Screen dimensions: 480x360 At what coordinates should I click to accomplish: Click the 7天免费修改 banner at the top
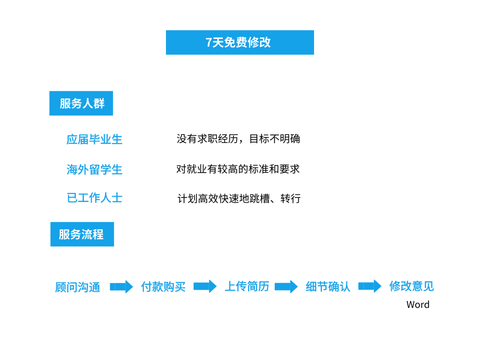pos(240,42)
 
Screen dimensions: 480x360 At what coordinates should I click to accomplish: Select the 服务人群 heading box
pos(81,103)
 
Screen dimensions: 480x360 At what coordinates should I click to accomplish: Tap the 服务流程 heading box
pos(82,234)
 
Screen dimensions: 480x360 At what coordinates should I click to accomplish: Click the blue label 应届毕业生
pos(94,139)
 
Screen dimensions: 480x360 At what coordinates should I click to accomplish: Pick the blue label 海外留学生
pos(94,169)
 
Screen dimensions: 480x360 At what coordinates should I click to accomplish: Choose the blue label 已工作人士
pos(94,198)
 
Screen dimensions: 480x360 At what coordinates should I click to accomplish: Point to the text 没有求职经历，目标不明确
pos(238,139)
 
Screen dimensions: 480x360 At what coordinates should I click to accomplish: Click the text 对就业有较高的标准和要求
pos(238,169)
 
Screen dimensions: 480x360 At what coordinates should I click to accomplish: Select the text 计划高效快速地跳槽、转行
pos(239,198)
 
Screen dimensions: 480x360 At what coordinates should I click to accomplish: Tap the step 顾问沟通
pos(77,287)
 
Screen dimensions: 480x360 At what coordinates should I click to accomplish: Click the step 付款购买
pos(163,287)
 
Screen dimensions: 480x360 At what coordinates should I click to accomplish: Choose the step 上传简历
pos(247,286)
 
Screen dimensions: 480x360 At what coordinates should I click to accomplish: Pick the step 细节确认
pos(328,286)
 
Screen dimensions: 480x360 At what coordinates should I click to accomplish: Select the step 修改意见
pos(412,286)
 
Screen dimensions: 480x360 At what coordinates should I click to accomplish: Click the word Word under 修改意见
pos(418,305)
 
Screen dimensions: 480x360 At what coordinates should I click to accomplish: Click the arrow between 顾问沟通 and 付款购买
pos(121,287)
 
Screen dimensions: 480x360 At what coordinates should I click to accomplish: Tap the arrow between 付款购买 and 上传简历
pos(205,286)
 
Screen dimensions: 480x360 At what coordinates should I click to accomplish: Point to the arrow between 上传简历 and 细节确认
pos(286,286)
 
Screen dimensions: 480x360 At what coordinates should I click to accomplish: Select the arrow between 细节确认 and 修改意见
pos(370,286)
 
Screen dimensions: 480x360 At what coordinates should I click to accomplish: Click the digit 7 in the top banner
pos(209,42)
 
